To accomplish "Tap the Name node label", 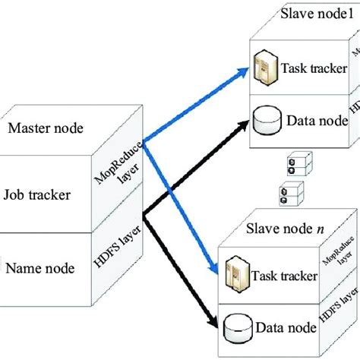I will pos(42,267).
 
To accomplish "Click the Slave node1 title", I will pos(314,14).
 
